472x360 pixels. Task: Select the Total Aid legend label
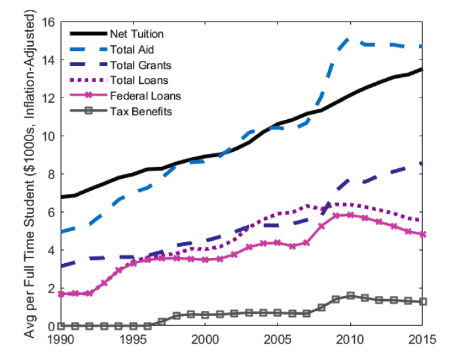(x=132, y=49)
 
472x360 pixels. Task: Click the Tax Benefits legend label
(x=141, y=112)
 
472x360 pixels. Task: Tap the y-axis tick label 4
(x=50, y=250)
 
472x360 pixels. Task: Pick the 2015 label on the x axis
(x=422, y=340)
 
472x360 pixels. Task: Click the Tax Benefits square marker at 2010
(x=350, y=296)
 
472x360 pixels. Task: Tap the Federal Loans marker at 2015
(x=422, y=234)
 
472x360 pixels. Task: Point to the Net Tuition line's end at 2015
(x=422, y=69)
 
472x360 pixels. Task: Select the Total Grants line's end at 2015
(x=422, y=164)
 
